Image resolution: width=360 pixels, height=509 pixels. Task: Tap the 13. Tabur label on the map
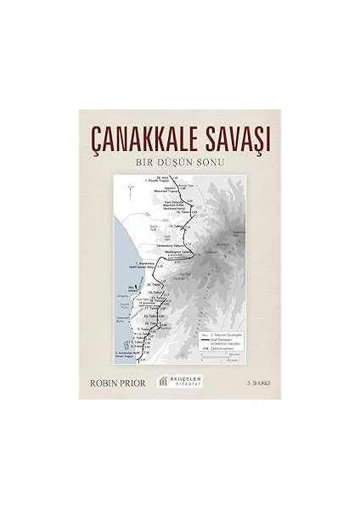coord(176,227)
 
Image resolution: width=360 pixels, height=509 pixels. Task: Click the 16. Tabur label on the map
coord(155,290)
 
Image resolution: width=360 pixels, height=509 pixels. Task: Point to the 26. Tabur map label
coord(154,284)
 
